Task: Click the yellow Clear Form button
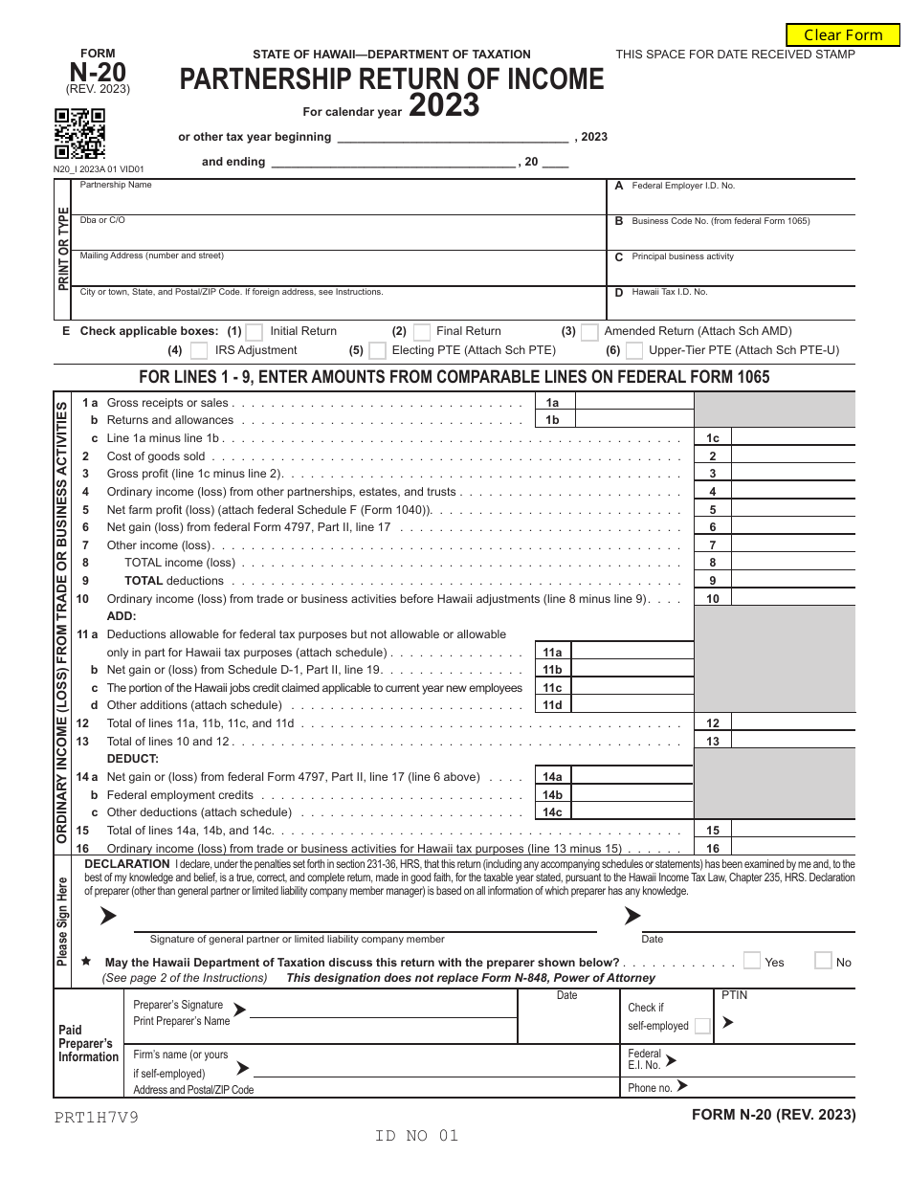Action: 843,35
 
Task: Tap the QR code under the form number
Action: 79,134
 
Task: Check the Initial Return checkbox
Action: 255,332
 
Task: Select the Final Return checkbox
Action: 421,332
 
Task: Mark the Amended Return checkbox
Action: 589,332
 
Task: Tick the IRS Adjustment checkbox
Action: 199,351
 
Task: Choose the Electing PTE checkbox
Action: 378,351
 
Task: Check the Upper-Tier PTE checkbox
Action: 634,351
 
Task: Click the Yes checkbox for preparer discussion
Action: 752,961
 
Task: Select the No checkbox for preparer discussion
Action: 823,961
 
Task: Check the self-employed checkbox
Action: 702,1026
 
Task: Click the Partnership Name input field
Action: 340,199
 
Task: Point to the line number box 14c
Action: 552,812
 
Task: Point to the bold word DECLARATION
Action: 128,864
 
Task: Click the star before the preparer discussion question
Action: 87,961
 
